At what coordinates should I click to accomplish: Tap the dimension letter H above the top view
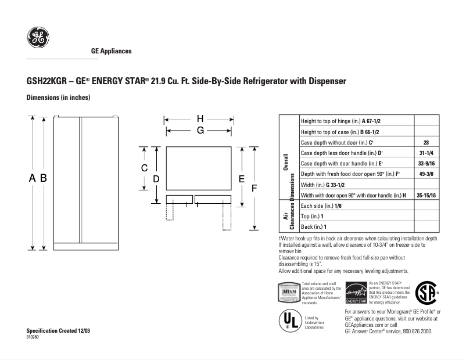199,118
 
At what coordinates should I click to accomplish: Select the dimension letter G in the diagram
199,131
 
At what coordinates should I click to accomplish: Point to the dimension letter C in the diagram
144,168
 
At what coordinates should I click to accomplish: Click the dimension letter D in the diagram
156,179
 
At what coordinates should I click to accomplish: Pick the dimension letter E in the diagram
241,179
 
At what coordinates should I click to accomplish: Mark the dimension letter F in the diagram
254,189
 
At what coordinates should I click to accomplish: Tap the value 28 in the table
426,142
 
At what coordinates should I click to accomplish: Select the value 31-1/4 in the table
426,153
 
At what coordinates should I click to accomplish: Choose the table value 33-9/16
426,163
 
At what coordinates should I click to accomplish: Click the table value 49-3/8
426,174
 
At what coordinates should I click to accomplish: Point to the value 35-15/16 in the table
426,195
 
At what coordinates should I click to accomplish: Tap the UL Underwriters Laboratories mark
291,320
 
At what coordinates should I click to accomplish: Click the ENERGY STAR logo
356,293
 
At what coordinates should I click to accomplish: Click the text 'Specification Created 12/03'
59,330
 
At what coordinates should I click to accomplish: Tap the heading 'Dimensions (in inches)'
59,98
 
